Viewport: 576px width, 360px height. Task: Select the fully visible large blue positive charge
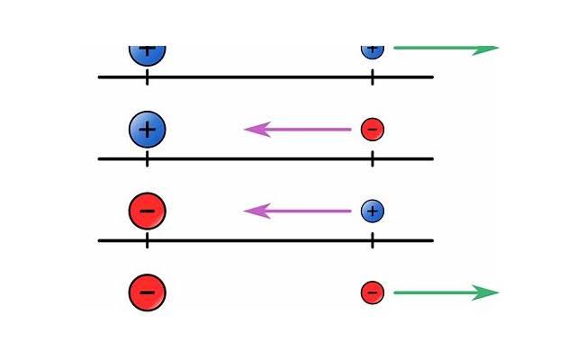(147, 129)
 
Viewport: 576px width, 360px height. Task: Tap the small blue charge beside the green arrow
(373, 49)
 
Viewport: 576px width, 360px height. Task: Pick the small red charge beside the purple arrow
(373, 130)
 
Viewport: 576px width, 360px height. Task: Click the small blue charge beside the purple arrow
(373, 211)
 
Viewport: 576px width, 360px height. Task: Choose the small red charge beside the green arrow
(373, 292)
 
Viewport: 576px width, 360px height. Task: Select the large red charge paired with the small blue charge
(147, 211)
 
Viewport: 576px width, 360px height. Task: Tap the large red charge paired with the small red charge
(147, 292)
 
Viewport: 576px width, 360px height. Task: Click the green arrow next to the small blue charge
(445, 49)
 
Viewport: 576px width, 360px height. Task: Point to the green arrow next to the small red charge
(445, 292)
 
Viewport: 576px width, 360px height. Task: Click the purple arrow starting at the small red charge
(297, 130)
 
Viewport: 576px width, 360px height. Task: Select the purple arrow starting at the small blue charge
(297, 211)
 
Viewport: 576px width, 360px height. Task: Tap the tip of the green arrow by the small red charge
(498, 292)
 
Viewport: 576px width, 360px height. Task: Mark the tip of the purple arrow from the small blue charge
(246, 211)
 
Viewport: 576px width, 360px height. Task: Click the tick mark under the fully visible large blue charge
(147, 159)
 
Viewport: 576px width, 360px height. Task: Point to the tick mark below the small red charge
(373, 159)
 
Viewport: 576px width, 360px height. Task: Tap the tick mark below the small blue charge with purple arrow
(373, 240)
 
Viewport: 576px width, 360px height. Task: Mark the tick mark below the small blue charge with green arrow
(373, 78)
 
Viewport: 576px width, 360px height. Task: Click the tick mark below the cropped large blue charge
(147, 78)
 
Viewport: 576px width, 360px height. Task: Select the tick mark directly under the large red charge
(147, 240)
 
